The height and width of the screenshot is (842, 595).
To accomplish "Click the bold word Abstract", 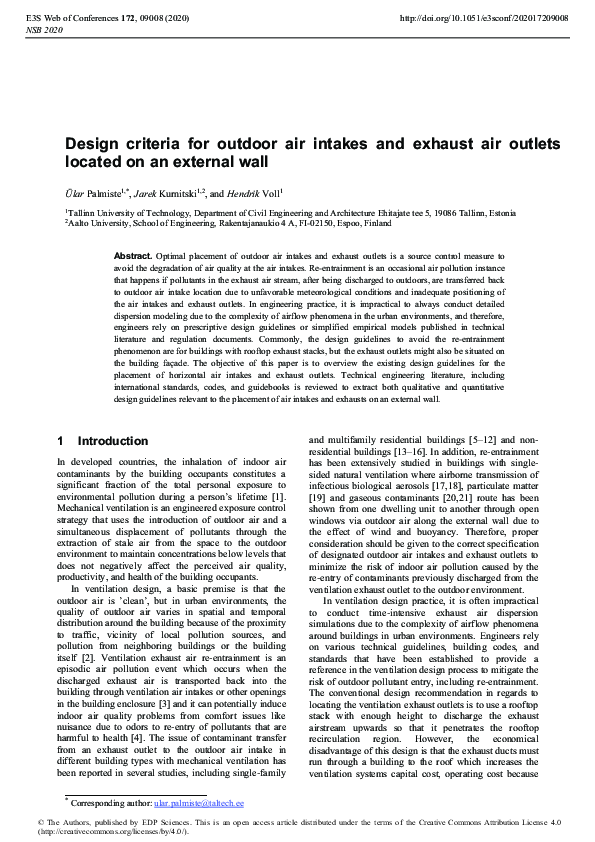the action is pos(133,256).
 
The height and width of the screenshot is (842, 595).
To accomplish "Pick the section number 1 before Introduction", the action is pos(61,440).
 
